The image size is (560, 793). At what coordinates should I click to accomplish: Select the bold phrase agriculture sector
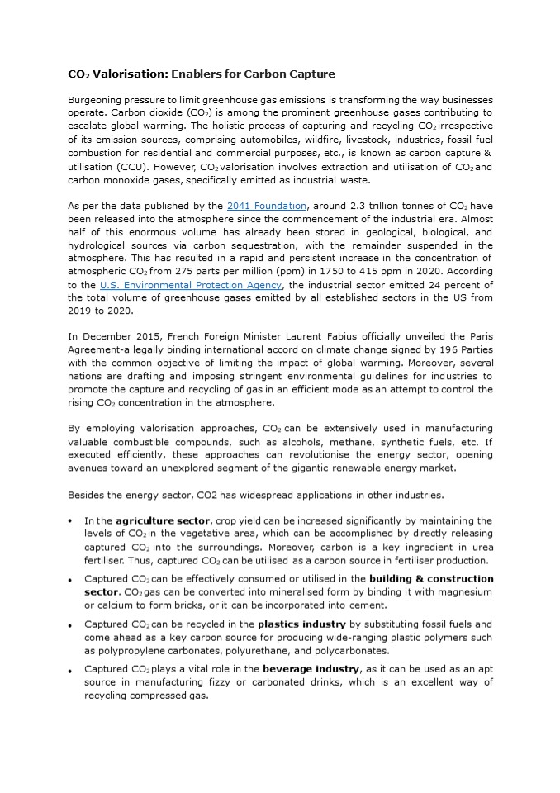(164, 521)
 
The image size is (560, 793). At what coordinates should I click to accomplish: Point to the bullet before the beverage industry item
(71, 671)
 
